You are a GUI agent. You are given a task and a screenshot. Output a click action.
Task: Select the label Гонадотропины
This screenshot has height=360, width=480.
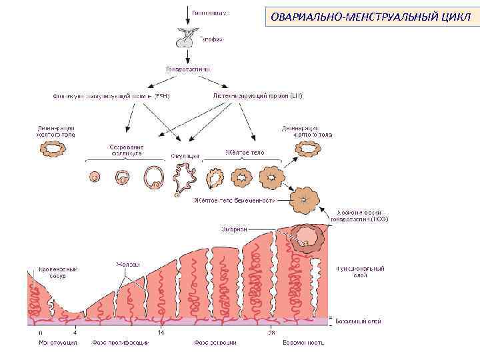[189, 69]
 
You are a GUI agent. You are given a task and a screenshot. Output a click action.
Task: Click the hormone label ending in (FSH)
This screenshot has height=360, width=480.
[112, 96]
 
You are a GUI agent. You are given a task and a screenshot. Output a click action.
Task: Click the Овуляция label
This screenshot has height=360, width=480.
[185, 156]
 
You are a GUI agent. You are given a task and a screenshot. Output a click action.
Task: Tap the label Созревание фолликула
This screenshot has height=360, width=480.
[127, 151]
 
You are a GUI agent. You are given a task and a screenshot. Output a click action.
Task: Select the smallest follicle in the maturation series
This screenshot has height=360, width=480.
[95, 177]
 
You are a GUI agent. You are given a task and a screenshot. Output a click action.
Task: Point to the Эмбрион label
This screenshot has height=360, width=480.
[234, 228]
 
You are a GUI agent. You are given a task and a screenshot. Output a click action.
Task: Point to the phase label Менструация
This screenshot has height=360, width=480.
[57, 343]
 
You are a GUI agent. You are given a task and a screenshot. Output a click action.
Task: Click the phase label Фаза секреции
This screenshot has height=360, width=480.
[215, 343]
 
